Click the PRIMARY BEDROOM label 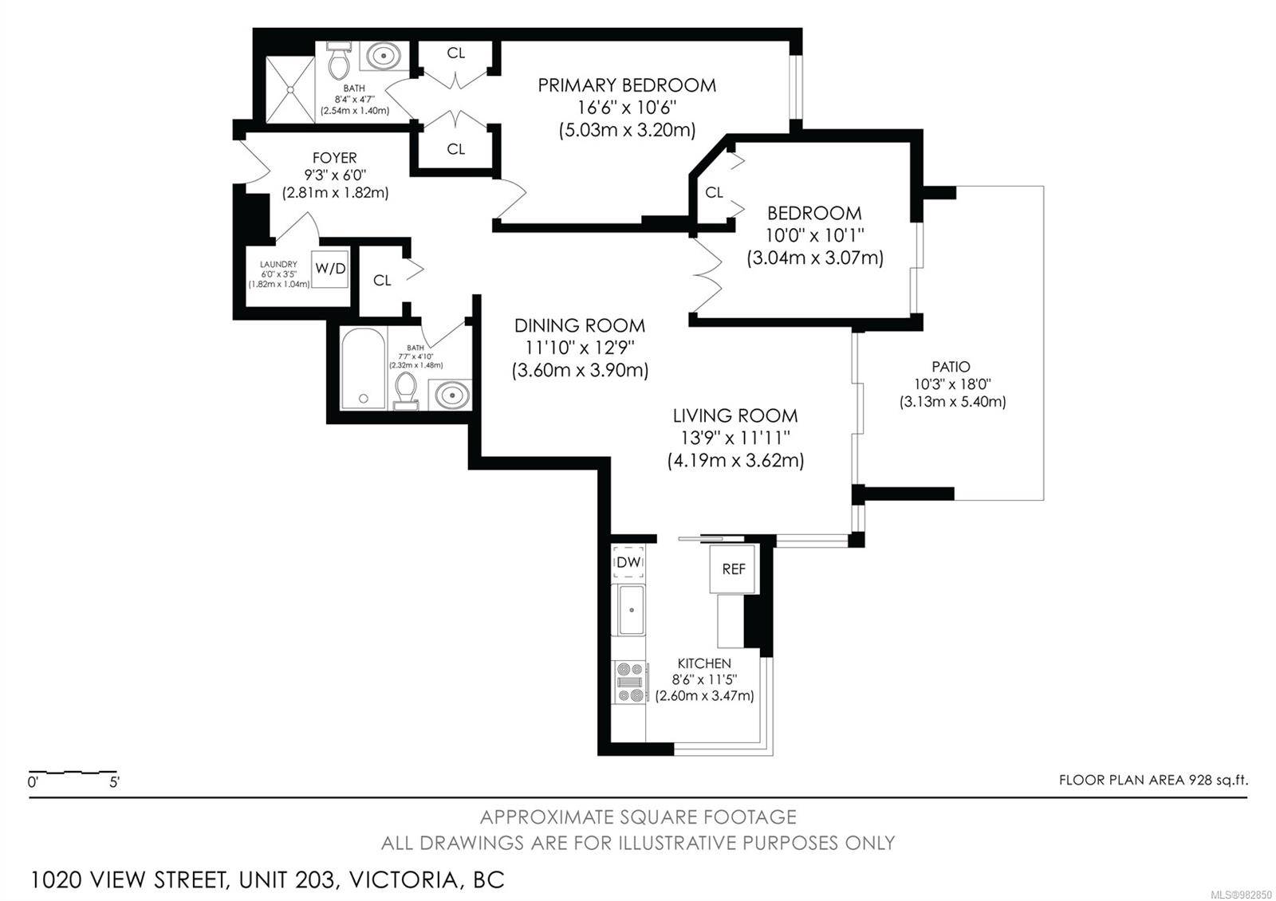pyautogui.click(x=627, y=85)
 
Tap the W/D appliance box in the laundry pyautogui.click(x=330, y=269)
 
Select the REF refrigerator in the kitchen pyautogui.click(x=733, y=569)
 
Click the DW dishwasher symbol pyautogui.click(x=628, y=563)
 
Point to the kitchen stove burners pyautogui.click(x=630, y=682)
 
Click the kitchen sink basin pyautogui.click(x=631, y=610)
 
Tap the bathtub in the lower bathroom pyautogui.click(x=364, y=368)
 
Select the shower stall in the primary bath pyautogui.click(x=290, y=89)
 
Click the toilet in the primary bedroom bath pyautogui.click(x=340, y=61)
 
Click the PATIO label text pyautogui.click(x=951, y=367)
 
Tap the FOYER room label pyautogui.click(x=335, y=158)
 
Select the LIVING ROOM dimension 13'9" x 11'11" pyautogui.click(x=735, y=438)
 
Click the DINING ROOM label pyautogui.click(x=580, y=326)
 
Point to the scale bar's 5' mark pyautogui.click(x=115, y=782)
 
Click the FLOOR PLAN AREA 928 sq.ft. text pyautogui.click(x=1153, y=780)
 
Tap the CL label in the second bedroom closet pyautogui.click(x=714, y=192)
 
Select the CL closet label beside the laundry pyautogui.click(x=382, y=280)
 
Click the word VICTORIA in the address pyautogui.click(x=404, y=880)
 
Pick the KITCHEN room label pyautogui.click(x=704, y=663)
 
